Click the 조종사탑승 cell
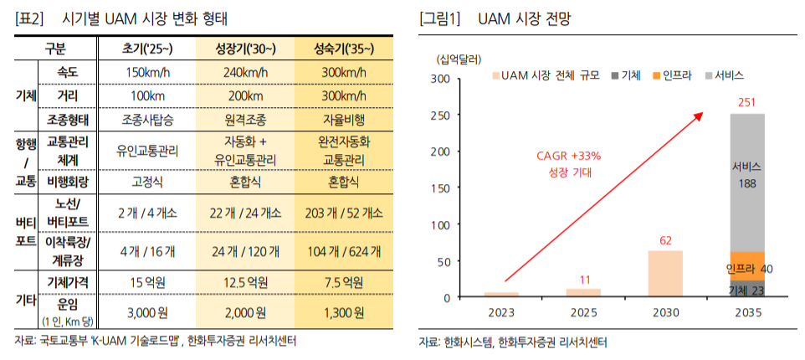148,120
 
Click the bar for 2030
665,274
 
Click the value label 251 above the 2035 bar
746,102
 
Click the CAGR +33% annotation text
569,157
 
